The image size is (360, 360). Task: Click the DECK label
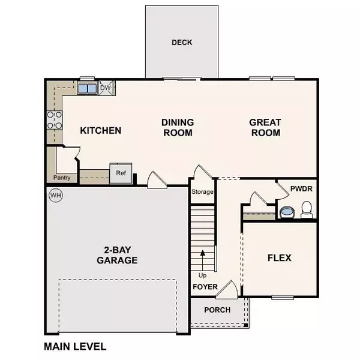tap(181, 43)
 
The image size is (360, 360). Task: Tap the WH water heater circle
tap(56, 196)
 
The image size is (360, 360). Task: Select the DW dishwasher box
tap(106, 88)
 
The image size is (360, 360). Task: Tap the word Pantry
tap(61, 178)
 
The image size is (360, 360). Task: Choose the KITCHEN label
tap(101, 130)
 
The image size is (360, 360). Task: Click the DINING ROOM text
tap(177, 127)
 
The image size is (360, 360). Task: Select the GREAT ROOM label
tap(265, 127)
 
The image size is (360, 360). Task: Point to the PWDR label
tap(301, 188)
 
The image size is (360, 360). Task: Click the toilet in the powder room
tap(307, 209)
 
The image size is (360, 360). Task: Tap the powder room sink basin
tap(287, 212)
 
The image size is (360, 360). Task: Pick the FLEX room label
tap(279, 258)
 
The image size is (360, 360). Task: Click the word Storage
tap(202, 193)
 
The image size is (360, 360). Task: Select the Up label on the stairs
tap(203, 274)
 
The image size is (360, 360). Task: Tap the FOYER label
tap(204, 287)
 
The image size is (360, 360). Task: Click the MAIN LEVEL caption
tap(75, 346)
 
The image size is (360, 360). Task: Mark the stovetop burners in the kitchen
tap(55, 120)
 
